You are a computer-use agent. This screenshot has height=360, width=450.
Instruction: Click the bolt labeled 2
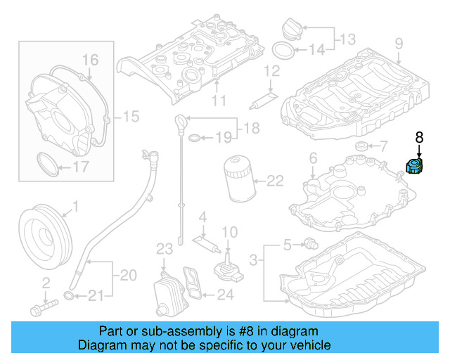(44, 308)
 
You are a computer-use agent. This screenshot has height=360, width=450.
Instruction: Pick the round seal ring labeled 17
(46, 166)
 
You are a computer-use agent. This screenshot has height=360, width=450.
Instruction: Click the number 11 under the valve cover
(219, 101)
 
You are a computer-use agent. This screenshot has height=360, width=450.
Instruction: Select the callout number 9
(399, 44)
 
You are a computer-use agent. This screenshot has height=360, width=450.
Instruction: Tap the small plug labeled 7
(363, 146)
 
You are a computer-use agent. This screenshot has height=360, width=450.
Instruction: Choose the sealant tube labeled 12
(262, 97)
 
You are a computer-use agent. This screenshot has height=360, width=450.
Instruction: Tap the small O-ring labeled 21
(68, 294)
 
